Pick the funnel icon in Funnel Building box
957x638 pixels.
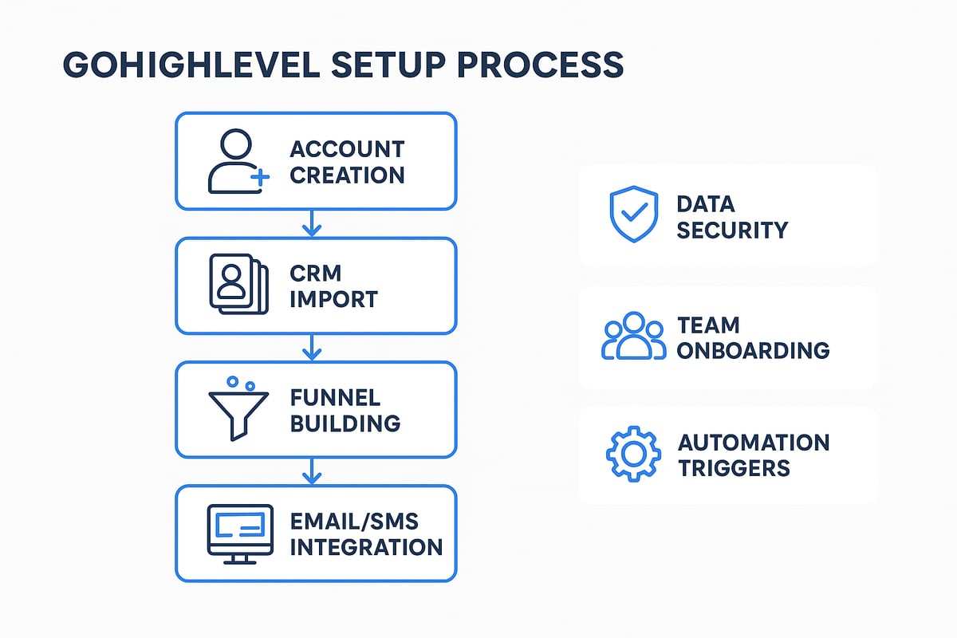pos(237,408)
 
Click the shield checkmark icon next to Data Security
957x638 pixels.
pos(634,215)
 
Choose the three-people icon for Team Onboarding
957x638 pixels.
pos(633,336)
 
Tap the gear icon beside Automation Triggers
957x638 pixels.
pos(633,455)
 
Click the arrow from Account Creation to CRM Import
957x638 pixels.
pos(312,224)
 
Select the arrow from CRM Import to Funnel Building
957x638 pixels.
pos(312,348)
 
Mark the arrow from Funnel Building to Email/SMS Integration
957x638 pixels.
pos(312,472)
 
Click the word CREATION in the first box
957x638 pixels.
pos(347,174)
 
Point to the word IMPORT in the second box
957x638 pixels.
pos(334,299)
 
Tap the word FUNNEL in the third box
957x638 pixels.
pos(336,398)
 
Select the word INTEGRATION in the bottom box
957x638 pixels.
pos(366,547)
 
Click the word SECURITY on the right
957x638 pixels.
pos(732,230)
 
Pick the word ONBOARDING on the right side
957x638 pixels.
pos(754,349)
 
